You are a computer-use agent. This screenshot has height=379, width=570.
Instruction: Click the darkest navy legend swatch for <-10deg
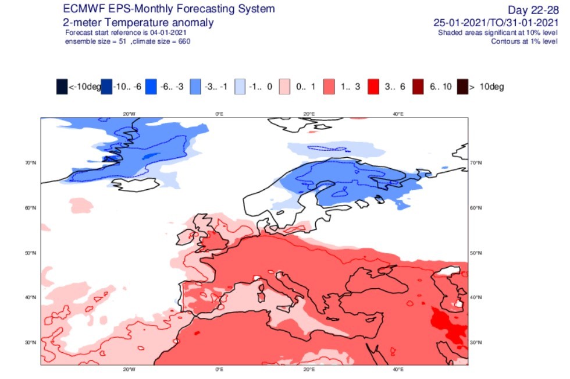tap(62, 87)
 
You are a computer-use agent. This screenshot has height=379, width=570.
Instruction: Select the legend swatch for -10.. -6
tap(106, 87)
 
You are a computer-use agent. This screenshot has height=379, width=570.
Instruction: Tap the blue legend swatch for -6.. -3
tap(151, 87)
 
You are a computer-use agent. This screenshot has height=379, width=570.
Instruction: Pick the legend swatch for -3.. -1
tap(195, 87)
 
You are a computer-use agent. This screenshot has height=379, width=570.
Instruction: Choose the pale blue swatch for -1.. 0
tap(240, 87)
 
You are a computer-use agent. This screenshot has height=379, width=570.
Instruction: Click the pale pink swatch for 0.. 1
tap(284, 87)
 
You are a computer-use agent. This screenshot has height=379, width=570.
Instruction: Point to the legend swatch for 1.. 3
tap(329, 87)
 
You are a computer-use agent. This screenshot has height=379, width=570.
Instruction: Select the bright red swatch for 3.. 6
tap(373, 87)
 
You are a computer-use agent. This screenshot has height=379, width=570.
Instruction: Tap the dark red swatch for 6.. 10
tap(418, 87)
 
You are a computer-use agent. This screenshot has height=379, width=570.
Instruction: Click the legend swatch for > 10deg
tap(462, 87)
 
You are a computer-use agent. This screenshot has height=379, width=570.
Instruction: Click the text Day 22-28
tap(533, 10)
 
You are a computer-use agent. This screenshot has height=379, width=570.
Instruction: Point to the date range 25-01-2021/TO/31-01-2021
tap(496, 23)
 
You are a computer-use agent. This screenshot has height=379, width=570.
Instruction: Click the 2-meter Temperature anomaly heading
tap(138, 23)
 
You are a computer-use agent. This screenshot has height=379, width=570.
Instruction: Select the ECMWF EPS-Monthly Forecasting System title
tap(169, 9)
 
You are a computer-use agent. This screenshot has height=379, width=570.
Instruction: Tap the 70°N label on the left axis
tap(30, 163)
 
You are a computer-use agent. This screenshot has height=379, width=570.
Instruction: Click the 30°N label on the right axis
tap(476, 343)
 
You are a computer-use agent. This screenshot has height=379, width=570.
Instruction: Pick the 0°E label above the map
tap(219, 114)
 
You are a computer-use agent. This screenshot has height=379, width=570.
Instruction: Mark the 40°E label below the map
tap(398, 370)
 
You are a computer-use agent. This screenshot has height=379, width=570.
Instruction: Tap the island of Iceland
tap(136, 185)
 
